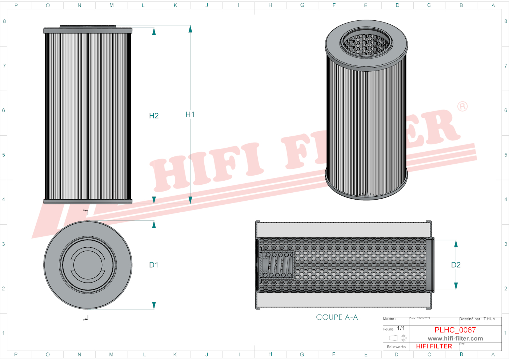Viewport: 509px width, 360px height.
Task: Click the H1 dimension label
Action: click(190, 115)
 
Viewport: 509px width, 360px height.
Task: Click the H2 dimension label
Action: click(154, 116)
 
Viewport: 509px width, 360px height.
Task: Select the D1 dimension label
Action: click(154, 265)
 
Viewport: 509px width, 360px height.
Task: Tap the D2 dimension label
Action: click(456, 265)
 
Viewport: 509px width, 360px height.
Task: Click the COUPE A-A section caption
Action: click(337, 317)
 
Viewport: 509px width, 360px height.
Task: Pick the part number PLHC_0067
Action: click(455, 330)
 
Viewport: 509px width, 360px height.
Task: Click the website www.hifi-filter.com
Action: click(455, 339)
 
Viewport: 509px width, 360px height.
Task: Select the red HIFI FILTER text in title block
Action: click(434, 347)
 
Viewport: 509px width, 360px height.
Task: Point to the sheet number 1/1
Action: click(401, 328)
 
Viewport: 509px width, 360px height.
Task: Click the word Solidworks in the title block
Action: click(396, 347)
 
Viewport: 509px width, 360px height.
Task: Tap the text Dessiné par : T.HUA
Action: click(477, 319)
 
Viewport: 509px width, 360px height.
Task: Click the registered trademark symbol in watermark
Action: click(462, 107)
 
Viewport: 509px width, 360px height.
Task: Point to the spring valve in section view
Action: click(278, 265)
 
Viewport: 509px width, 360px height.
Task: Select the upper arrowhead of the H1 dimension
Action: click(190, 29)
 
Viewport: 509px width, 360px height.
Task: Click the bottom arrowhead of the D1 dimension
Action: click(154, 305)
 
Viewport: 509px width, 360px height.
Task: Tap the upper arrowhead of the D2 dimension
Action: click(456, 244)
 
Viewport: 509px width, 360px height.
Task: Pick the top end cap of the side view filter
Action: click(88, 31)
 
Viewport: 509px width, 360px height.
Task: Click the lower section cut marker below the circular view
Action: click(86, 318)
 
